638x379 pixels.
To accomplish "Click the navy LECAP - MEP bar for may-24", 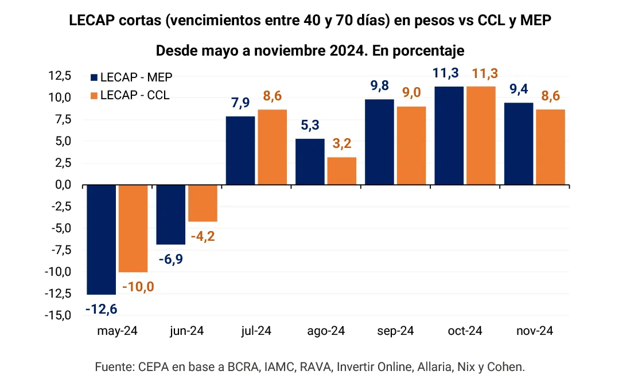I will pyautogui.click(x=102, y=239).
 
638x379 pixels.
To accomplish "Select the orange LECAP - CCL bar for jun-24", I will pyautogui.click(x=203, y=203).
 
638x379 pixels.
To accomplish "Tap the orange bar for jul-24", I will pyautogui.click(x=273, y=147).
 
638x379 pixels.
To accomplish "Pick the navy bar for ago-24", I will pyautogui.click(x=310, y=162).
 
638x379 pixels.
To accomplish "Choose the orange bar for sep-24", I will pyautogui.click(x=412, y=146).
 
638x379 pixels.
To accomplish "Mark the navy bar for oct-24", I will pyautogui.click(x=449, y=135).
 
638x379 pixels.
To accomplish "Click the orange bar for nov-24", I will pyautogui.click(x=551, y=147).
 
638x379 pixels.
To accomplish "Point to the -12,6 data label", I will pyautogui.click(x=102, y=310).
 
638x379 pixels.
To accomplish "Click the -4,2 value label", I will pyautogui.click(x=202, y=235).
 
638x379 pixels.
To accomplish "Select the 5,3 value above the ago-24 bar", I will pyautogui.click(x=310, y=125).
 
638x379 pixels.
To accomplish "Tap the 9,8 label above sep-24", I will pyautogui.click(x=379, y=86).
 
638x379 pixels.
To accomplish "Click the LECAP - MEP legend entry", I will pyautogui.click(x=131, y=77).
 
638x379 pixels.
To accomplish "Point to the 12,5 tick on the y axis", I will pyautogui.click(x=60, y=76).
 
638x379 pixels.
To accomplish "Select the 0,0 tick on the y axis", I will pyautogui.click(x=63, y=185).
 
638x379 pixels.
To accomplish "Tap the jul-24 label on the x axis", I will pyautogui.click(x=256, y=331).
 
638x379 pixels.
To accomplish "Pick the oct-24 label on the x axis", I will pyautogui.click(x=465, y=331).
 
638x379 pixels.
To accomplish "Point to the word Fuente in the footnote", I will pyautogui.click(x=112, y=366).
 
